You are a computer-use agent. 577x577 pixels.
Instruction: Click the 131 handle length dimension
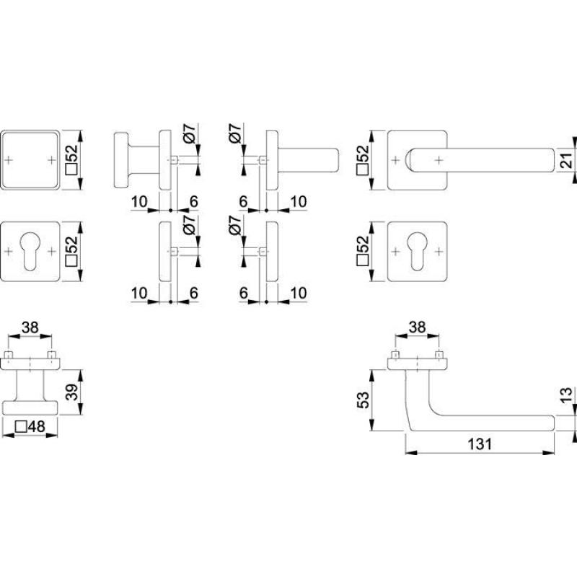[x=480, y=444]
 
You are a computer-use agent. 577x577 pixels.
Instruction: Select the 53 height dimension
[x=363, y=400]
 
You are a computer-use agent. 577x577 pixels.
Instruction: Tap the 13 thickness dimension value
[x=568, y=395]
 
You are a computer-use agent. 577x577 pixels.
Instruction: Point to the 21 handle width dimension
[x=568, y=160]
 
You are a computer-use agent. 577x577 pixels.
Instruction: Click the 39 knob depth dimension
[x=71, y=392]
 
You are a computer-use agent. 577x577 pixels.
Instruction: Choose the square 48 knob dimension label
[x=30, y=426]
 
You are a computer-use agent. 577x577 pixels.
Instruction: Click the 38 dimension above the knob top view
[x=30, y=327]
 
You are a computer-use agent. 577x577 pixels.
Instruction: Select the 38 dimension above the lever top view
[x=417, y=327]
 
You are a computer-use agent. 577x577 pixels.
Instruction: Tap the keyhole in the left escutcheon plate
[x=30, y=250]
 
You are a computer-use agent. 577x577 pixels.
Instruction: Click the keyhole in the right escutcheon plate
[x=417, y=250]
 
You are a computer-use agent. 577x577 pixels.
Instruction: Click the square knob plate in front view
[x=30, y=160]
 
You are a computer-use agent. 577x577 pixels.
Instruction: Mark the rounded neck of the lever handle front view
[x=411, y=160]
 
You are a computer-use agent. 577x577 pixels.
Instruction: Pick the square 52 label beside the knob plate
[x=71, y=159]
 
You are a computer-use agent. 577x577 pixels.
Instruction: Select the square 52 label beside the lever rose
[x=363, y=159]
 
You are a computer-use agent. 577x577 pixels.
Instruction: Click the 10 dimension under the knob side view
[x=139, y=202]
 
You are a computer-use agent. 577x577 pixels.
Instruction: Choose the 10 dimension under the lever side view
[x=298, y=202]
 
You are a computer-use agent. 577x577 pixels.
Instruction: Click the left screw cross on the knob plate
[x=9, y=160]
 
